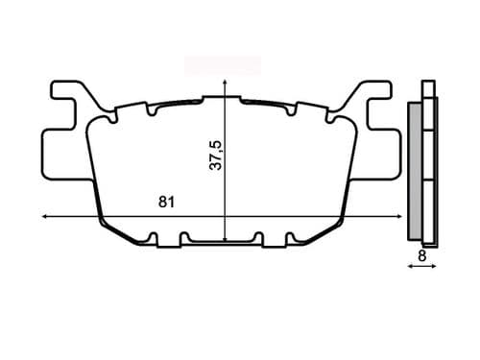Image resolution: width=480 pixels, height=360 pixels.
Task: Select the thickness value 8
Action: (x=421, y=256)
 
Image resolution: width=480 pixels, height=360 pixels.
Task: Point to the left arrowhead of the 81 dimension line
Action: (x=46, y=216)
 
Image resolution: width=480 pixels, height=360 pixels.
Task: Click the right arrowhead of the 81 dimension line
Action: (x=402, y=216)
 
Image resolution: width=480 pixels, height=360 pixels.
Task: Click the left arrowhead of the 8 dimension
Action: (x=411, y=268)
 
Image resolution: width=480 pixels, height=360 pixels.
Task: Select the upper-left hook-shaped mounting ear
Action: (x=67, y=97)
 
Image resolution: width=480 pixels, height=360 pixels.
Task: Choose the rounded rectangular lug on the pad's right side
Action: (x=386, y=155)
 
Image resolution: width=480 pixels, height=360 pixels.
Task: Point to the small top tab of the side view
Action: (x=427, y=87)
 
